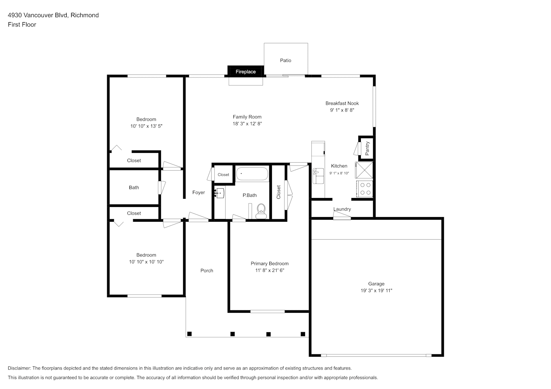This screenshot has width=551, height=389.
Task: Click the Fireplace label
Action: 245,72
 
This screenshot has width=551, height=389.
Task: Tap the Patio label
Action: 286,60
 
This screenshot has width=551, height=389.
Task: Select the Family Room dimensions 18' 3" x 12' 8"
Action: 247,124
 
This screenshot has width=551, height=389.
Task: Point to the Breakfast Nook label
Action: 342,103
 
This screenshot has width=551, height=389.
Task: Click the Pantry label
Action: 367,148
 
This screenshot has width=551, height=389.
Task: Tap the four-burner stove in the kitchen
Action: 365,189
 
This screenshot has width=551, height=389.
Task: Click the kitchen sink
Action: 318,176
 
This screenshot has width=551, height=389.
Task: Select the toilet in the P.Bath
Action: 261,211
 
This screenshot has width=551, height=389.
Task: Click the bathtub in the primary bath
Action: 252,173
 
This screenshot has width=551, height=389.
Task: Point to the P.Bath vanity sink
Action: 219,193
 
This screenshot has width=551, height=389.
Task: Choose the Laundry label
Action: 342,209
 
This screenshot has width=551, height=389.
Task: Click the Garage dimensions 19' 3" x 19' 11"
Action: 376,290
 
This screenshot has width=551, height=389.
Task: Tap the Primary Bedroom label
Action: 270,263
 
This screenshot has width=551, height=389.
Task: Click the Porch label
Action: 207,270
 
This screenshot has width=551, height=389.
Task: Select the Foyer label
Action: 198,192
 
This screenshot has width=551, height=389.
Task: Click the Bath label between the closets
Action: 134,187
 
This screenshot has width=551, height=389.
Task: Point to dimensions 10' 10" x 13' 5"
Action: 147,126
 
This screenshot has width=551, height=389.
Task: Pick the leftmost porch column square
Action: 189,334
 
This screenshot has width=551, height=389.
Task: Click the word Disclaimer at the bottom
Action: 19,368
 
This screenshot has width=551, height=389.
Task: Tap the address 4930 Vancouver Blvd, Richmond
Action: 53,15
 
